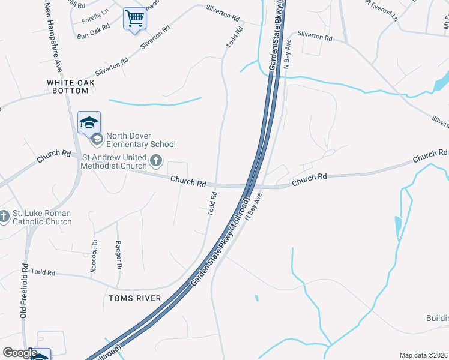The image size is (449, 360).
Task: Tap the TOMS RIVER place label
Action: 134,298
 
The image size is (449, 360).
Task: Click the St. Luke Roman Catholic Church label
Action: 41,217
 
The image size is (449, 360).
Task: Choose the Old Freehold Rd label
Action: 25,291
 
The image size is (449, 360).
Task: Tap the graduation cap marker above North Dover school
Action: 89,122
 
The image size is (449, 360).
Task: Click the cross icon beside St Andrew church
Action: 156,160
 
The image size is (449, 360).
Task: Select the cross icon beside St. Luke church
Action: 4,216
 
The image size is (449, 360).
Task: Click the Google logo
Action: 20,353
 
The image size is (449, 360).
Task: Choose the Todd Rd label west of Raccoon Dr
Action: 43,272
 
